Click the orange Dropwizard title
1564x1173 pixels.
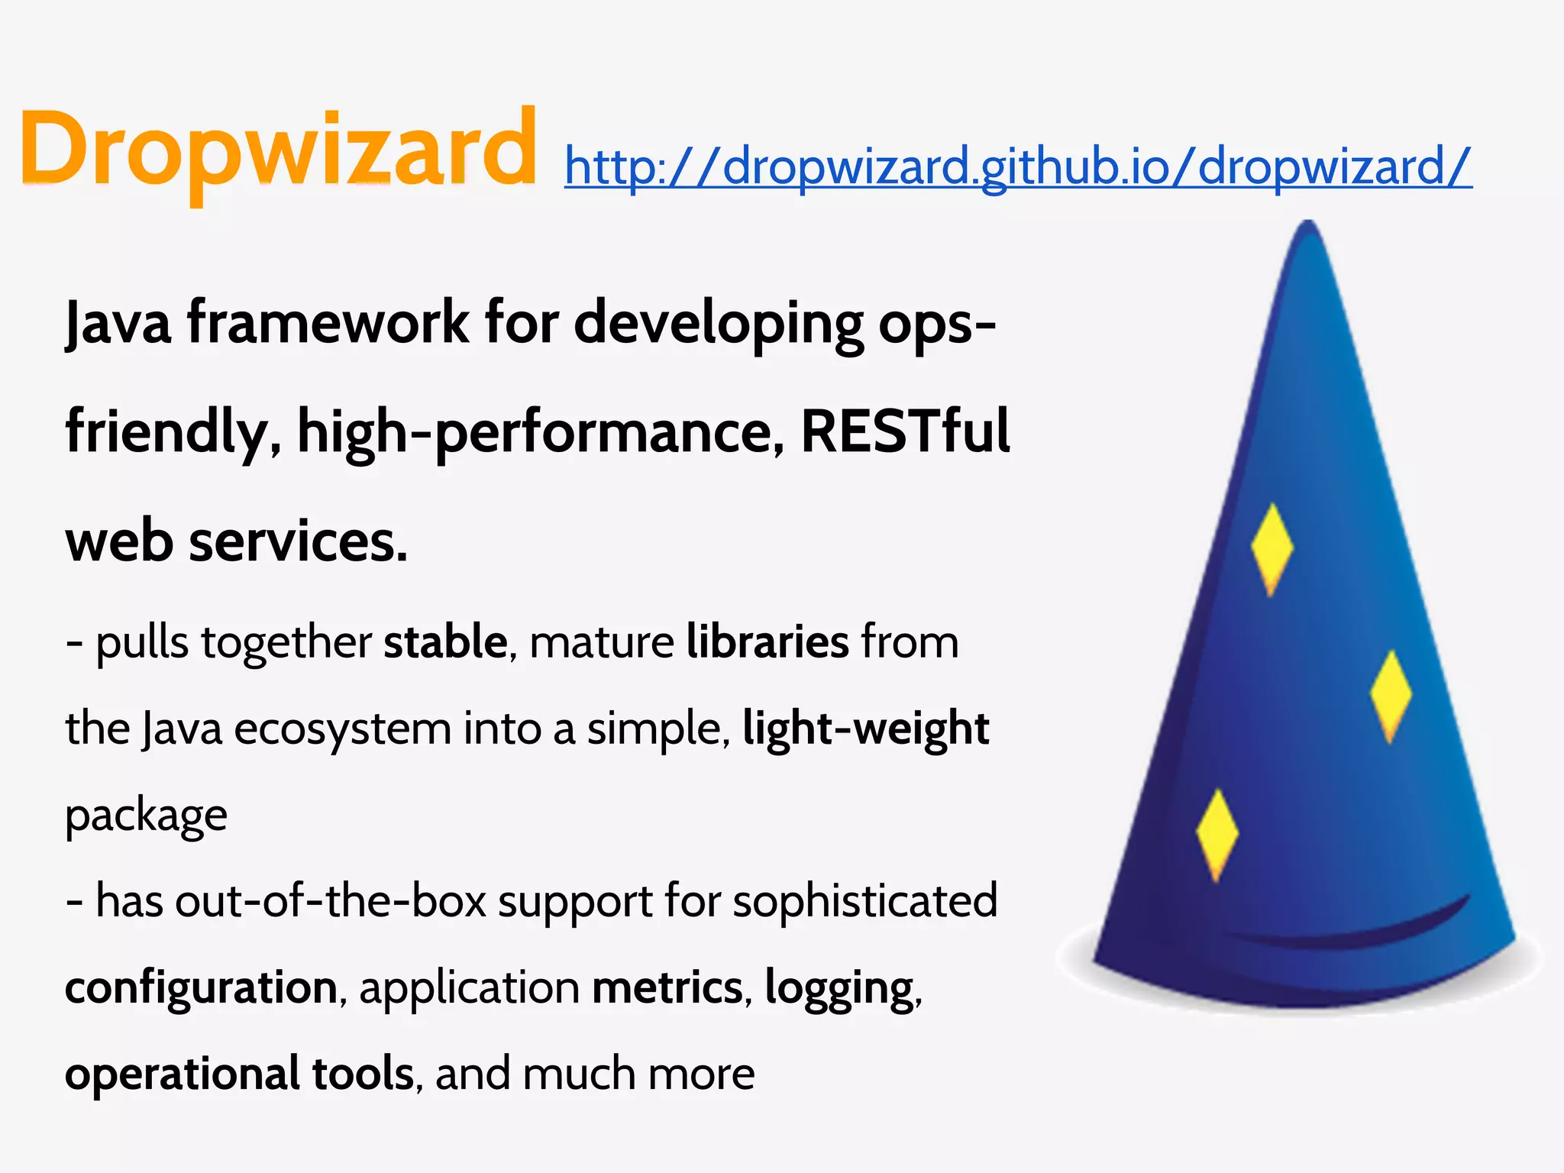278,149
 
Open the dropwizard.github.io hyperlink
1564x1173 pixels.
1017,166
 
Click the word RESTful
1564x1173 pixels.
905,432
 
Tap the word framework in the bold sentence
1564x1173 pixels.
328,323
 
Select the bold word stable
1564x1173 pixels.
445,641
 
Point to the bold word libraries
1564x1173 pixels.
767,641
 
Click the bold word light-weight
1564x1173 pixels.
865,729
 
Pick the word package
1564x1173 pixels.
146,816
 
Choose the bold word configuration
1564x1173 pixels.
201,987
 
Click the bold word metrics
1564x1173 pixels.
667,987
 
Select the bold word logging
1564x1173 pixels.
839,989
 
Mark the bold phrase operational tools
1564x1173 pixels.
239,1074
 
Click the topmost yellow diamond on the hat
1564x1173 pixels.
1272,547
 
